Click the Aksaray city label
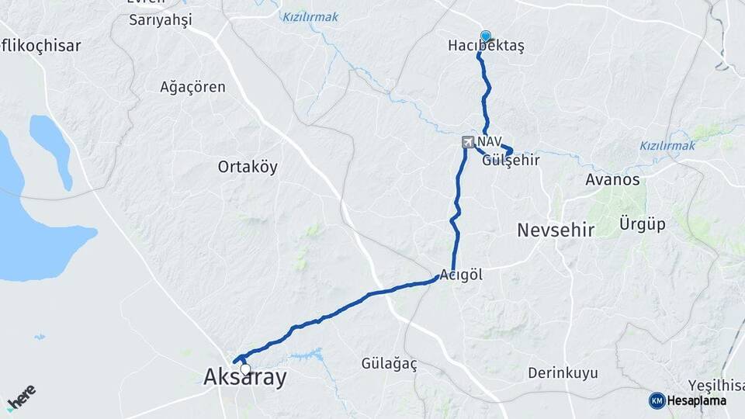[x=244, y=378]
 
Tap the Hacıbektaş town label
[x=487, y=47]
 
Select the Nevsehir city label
[x=556, y=230]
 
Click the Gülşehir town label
[x=510, y=161]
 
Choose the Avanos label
[x=612, y=180]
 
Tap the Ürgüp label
[x=643, y=225]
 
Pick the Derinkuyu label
[x=563, y=373]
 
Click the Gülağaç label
[x=390, y=362]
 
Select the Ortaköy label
[x=248, y=167]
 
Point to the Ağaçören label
[x=192, y=87]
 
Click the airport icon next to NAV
[x=468, y=142]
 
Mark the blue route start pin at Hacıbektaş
[x=486, y=36]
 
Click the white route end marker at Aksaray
[x=245, y=369]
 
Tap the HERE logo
[x=21, y=398]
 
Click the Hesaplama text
[x=697, y=400]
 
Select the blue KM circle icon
[x=657, y=400]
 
